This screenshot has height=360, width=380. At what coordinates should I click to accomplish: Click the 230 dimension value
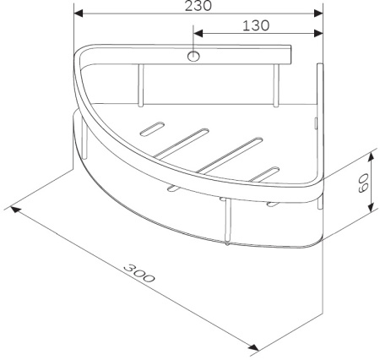coord(198,6)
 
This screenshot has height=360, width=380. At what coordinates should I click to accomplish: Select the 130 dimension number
coord(256,25)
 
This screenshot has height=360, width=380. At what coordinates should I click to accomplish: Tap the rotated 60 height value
coord(363,183)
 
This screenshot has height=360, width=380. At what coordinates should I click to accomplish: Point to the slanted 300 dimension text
coord(139,273)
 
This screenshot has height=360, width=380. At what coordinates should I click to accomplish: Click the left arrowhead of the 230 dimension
coord(79,13)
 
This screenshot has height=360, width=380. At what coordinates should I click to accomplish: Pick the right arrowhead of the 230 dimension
coord(318,13)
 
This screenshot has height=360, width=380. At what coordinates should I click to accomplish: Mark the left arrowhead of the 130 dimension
coord(198,33)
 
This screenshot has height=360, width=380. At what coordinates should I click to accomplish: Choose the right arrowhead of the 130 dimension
coord(318,33)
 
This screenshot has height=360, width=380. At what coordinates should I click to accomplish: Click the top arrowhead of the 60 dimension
coord(372,156)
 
